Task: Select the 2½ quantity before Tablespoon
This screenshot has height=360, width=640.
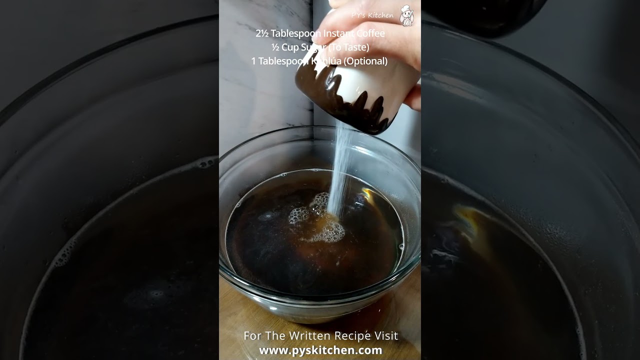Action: [x=262, y=33]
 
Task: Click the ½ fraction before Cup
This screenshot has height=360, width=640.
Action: [x=275, y=47]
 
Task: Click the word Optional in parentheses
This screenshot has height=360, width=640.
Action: [x=366, y=61]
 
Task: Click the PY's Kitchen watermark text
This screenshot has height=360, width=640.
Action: [x=372, y=15]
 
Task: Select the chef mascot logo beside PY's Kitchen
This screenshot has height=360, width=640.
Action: [x=407, y=15]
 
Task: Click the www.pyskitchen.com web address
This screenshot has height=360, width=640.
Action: [x=320, y=350]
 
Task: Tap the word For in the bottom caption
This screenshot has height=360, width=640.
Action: [x=252, y=335]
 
